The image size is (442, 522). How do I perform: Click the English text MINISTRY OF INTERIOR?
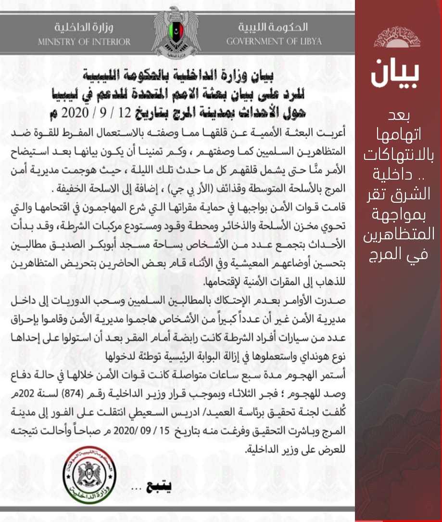click(84, 41)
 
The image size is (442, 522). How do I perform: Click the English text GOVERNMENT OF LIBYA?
click(275, 41)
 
